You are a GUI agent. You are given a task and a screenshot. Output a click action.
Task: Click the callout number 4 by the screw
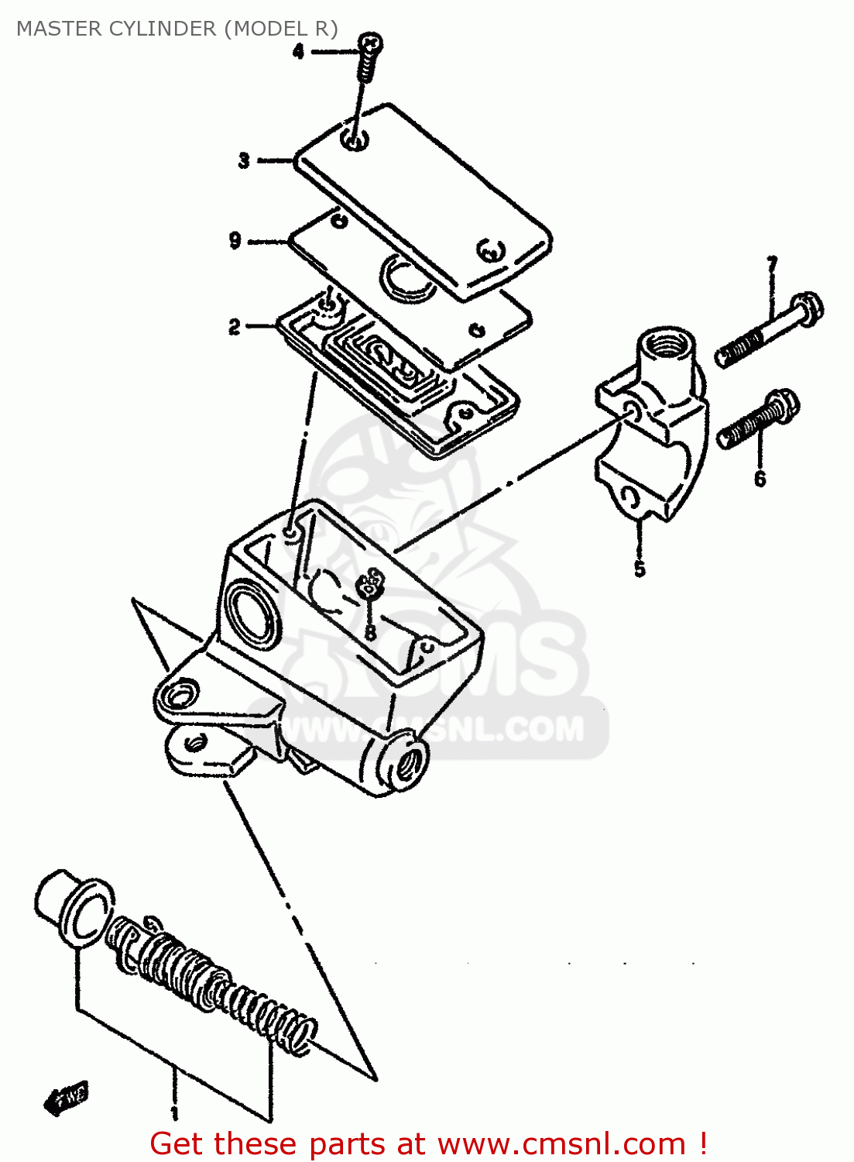coord(298,52)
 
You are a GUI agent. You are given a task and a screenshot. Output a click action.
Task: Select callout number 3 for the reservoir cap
coord(244,160)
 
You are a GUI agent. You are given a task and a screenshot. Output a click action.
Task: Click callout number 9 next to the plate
coord(235,240)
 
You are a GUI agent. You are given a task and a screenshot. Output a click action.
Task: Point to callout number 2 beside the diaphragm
coord(235,327)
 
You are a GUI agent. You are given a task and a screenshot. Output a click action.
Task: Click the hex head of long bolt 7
coord(808,308)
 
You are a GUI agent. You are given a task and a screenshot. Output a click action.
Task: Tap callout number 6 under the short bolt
coord(760,478)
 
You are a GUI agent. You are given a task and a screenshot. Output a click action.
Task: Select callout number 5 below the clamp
coord(640,569)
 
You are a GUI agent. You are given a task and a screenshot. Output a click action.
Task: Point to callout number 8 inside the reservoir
coord(370,633)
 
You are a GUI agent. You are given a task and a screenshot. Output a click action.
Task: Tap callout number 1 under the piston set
coord(175,1113)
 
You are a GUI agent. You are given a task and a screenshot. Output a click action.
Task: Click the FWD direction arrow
coord(67,1098)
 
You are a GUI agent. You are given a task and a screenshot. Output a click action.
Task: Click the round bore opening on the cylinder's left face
coord(249,612)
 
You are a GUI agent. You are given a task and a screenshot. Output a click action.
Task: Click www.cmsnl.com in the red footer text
coord(562,1143)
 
